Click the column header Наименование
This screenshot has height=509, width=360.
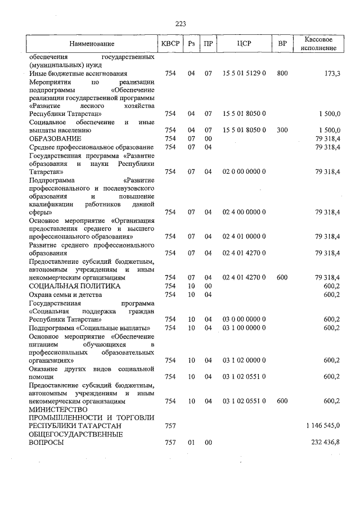(x=92, y=44)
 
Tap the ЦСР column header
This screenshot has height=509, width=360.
(x=244, y=44)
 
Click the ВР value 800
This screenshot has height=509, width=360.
(x=282, y=74)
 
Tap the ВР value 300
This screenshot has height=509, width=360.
(x=282, y=130)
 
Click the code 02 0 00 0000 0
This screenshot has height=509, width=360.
(x=244, y=172)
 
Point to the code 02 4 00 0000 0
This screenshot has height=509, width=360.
(x=244, y=213)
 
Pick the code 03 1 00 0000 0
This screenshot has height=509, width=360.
(x=244, y=327)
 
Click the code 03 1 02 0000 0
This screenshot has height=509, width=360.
(x=244, y=360)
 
